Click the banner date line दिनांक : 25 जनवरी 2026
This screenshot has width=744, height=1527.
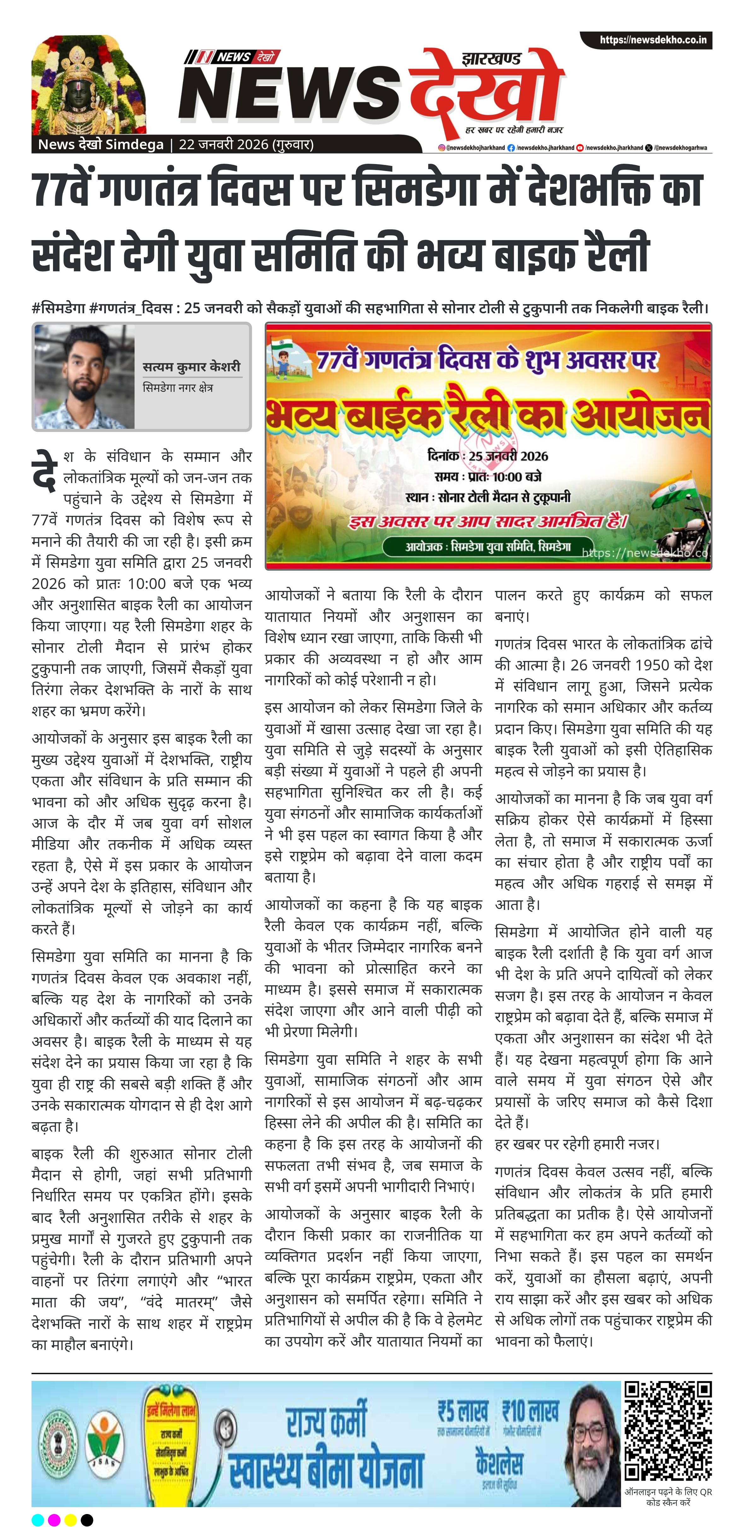487,456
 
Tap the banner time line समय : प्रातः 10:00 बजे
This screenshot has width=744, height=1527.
487,477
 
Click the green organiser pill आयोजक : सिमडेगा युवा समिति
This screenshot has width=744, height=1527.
487,546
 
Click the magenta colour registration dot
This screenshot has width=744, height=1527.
54,1519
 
